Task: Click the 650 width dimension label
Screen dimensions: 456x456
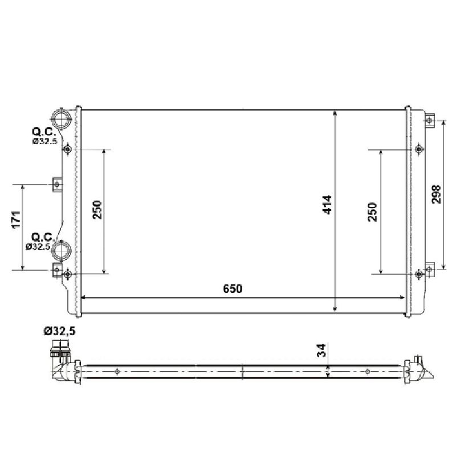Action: click(233, 289)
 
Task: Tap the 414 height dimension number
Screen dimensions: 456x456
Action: click(327, 205)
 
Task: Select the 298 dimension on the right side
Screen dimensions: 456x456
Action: click(436, 194)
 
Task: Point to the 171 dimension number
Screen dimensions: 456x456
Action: click(17, 219)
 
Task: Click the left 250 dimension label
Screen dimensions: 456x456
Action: click(97, 209)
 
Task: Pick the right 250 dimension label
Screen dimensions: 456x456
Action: click(372, 212)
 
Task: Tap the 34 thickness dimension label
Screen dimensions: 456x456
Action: click(321, 351)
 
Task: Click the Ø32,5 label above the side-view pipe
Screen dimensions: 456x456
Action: click(60, 331)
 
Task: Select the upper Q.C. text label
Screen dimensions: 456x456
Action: click(44, 132)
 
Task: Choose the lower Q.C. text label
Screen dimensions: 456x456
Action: click(43, 237)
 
